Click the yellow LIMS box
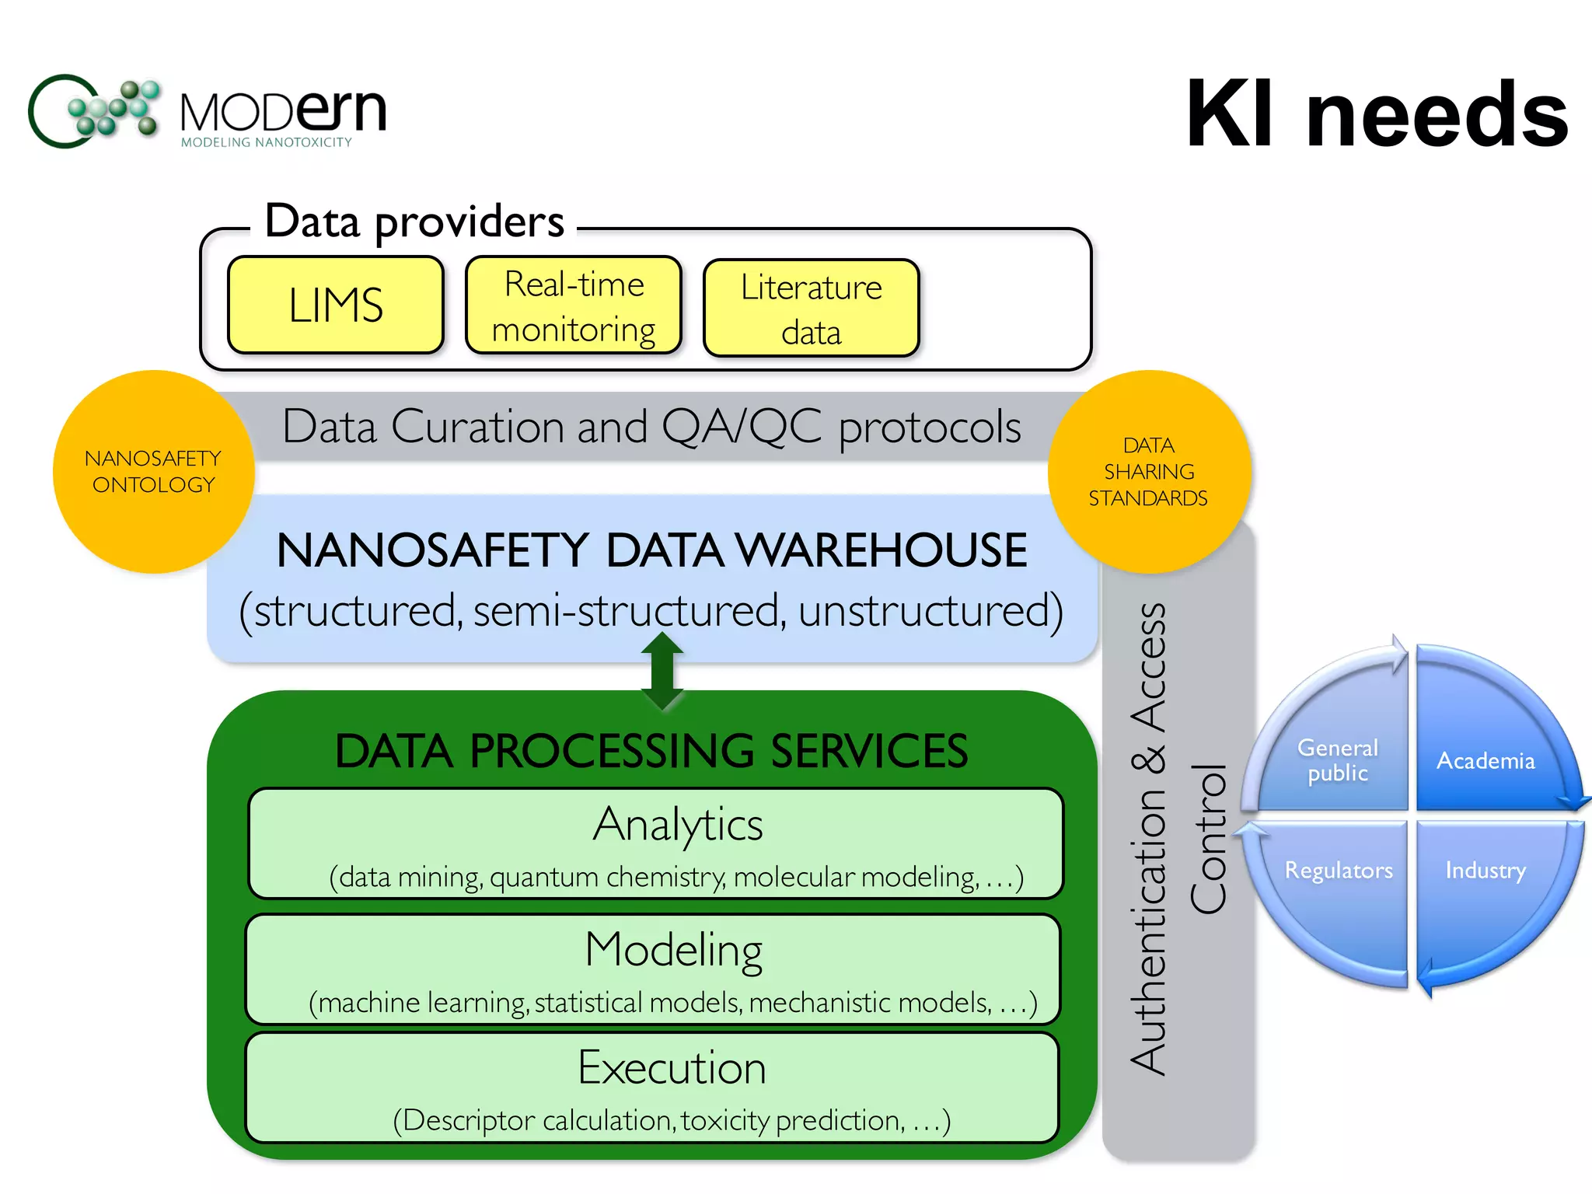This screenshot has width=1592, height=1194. pyautogui.click(x=336, y=305)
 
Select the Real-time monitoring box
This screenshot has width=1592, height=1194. pyautogui.click(x=574, y=306)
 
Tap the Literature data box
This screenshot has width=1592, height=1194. pyautogui.click(x=811, y=309)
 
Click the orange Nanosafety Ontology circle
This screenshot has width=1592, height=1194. pyautogui.click(x=154, y=472)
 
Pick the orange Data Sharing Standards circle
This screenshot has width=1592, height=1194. pyautogui.click(x=1149, y=472)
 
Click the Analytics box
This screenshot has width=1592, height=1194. pyautogui.click(x=655, y=843)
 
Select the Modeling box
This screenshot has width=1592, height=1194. pyautogui.click(x=653, y=969)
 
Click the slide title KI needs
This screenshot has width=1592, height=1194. pyautogui.click(x=1377, y=114)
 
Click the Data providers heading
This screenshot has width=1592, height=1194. pyautogui.click(x=414, y=222)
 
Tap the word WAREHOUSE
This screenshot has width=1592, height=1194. pyautogui.click(x=882, y=551)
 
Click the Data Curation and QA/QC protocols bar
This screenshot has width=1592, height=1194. pyautogui.click(x=651, y=427)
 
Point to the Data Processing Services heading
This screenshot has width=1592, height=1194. pyautogui.click(x=651, y=751)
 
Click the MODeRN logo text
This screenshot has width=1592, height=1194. pyautogui.click(x=283, y=113)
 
